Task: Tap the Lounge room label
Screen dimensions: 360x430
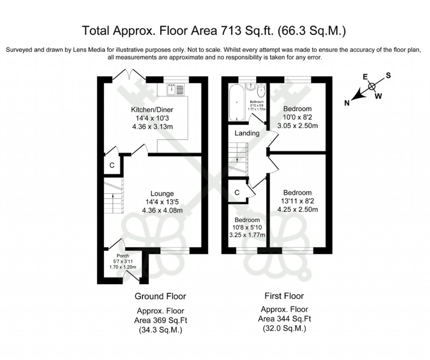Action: point(162,194)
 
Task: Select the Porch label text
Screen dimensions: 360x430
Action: point(123,256)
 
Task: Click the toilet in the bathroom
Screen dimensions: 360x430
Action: point(262,90)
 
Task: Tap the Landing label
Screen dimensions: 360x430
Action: point(246,133)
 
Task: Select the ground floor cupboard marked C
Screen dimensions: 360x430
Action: point(112,165)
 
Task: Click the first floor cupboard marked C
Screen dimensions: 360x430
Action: point(237,193)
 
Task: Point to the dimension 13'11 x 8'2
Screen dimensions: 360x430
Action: point(297,201)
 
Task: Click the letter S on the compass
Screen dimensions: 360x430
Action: point(388,76)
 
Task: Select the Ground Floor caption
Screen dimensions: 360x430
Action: point(160,296)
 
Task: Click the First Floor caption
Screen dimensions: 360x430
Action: point(284,296)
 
